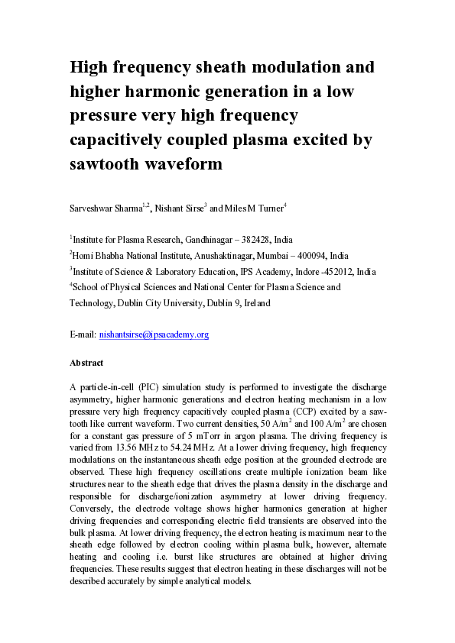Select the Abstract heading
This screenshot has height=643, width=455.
[86, 363]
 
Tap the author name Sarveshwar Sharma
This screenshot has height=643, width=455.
[106, 205]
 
